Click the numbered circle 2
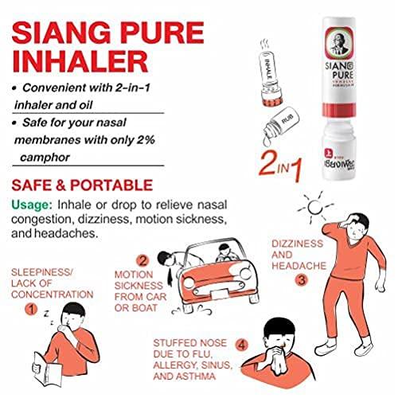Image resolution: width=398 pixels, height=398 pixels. [142, 259]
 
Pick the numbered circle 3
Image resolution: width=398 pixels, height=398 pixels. [301, 279]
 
